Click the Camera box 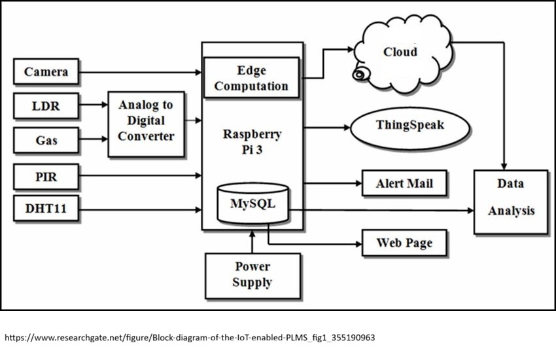coord(46,71)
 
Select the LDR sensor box coord(46,105)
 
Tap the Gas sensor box coord(46,139)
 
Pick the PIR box coord(46,175)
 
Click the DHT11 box coord(46,209)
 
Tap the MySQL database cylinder coord(252,204)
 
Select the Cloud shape coord(401,54)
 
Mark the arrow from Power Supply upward coord(252,242)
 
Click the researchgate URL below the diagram coord(190,338)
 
